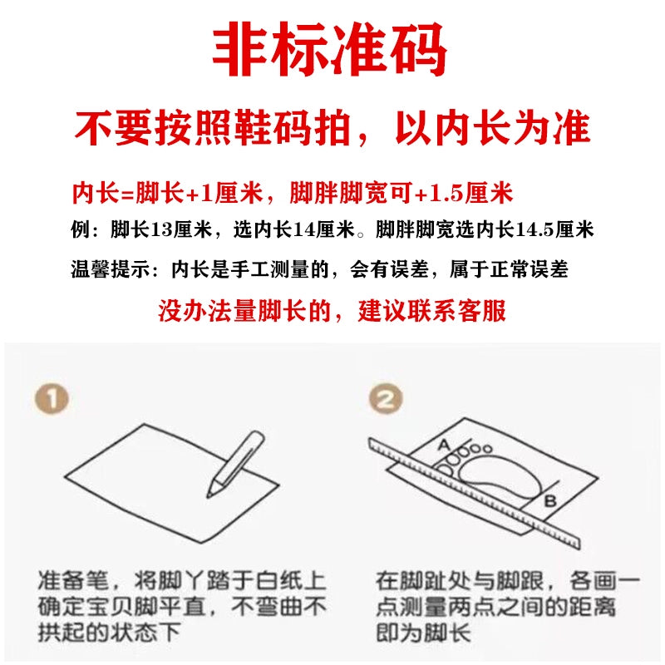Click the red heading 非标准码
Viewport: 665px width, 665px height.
329,50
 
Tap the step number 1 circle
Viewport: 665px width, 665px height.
52,399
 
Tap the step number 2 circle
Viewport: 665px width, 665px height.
386,399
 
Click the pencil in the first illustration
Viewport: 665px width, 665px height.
236,464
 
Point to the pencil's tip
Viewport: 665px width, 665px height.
209,495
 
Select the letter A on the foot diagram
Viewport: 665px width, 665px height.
443,445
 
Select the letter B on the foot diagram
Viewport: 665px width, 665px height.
549,501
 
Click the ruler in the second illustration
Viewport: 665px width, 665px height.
474,493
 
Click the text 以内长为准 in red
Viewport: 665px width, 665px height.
492,128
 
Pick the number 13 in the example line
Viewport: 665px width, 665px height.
160,230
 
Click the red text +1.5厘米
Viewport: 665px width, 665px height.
464,194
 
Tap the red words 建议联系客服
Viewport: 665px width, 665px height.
431,311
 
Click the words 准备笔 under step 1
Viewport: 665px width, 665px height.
73,580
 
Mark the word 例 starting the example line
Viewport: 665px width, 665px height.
80,230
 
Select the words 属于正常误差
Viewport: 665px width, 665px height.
509,269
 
